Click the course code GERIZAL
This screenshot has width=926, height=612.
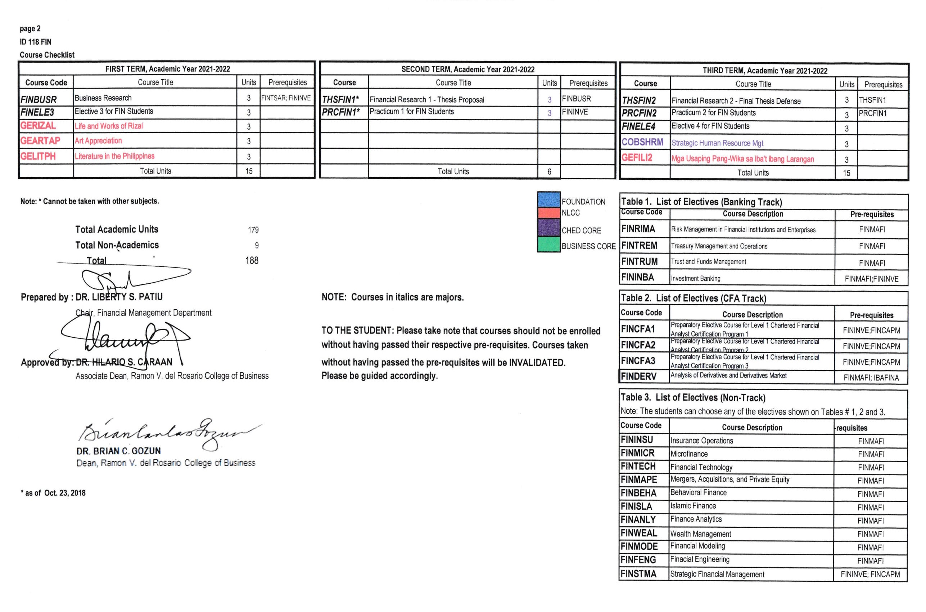coord(38,126)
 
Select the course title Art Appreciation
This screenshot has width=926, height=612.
coord(98,141)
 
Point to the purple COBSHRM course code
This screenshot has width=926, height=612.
coord(642,142)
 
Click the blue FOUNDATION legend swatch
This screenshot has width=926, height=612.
coord(548,199)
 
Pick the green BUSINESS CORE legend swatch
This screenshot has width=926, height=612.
coord(548,245)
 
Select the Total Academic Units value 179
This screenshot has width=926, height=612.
coord(253,230)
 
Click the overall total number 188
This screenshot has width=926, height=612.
coord(252,260)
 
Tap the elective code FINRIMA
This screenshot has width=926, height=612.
coord(638,229)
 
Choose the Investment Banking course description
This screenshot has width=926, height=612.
coord(695,279)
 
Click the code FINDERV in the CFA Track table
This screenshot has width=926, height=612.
coord(638,377)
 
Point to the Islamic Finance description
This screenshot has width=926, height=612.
coord(693,506)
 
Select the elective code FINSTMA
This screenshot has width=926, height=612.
coord(638,574)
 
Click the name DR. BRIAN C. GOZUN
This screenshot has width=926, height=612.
coord(119,451)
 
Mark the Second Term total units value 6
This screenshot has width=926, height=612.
coord(549,172)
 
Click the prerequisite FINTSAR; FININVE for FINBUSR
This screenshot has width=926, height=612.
coord(286,98)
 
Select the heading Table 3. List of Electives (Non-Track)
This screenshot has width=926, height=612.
coord(693,398)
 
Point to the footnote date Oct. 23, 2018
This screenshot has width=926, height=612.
coord(65,493)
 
